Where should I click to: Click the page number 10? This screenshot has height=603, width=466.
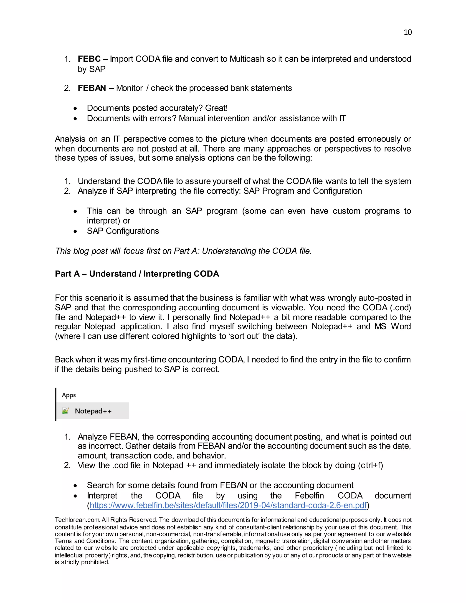[x=408, y=32]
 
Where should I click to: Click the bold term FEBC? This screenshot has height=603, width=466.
[x=89, y=59]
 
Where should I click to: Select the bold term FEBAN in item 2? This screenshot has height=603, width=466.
[x=92, y=88]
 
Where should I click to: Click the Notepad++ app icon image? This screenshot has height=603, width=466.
[x=66, y=411]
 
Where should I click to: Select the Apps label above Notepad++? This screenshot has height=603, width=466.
[x=69, y=395]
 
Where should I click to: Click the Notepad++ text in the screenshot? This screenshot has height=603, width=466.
[x=93, y=411]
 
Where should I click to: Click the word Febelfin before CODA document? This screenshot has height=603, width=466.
[x=309, y=495]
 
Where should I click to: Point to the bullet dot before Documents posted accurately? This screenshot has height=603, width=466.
[x=75, y=109]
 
